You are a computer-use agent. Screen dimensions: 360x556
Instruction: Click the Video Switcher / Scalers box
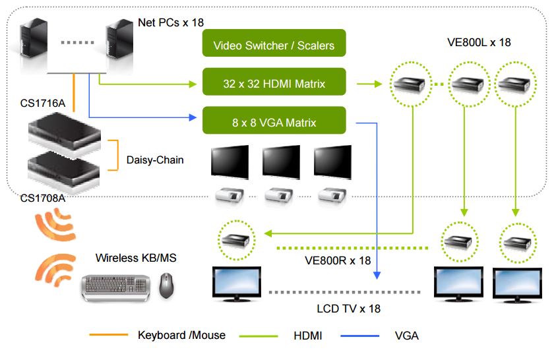(x=274, y=45)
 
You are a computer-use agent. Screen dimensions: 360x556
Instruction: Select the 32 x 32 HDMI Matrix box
(x=274, y=84)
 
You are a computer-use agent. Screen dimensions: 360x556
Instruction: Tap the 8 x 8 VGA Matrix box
(x=274, y=123)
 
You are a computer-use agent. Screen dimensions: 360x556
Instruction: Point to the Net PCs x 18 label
(x=171, y=22)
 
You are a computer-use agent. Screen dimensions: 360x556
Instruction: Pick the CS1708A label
(x=44, y=197)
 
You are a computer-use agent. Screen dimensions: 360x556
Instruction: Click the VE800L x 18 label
(x=478, y=42)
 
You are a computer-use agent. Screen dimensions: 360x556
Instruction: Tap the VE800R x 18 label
(x=338, y=260)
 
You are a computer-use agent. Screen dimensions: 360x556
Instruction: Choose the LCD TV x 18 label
(x=349, y=308)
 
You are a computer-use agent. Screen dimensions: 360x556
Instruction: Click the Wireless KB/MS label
(x=136, y=258)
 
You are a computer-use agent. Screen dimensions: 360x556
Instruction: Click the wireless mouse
(x=168, y=285)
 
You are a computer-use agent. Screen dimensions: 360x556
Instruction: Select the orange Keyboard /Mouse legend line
(x=109, y=336)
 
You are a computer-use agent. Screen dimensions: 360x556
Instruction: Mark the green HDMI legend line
(x=258, y=336)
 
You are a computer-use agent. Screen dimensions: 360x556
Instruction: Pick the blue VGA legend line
(x=361, y=336)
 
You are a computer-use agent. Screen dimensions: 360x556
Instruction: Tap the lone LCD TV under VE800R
(x=235, y=283)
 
